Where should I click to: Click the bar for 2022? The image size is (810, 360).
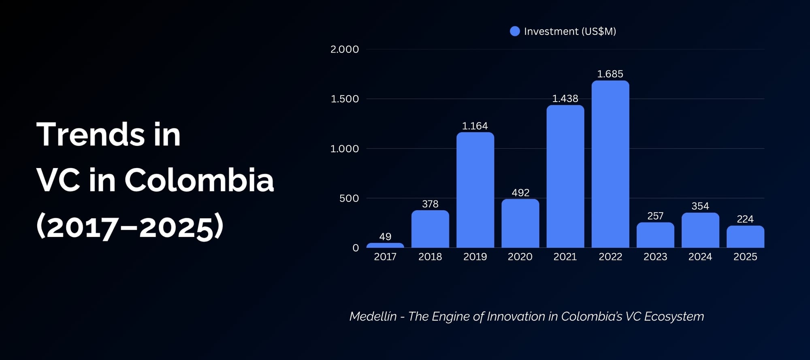tap(610, 164)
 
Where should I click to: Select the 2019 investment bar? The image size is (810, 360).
tap(475, 190)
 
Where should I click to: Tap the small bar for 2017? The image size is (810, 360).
tap(385, 245)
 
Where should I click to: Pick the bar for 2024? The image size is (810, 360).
tap(700, 230)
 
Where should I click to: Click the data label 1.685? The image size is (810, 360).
tap(610, 74)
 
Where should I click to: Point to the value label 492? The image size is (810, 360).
tap(520, 193)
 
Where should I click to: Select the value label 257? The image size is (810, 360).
tap(655, 216)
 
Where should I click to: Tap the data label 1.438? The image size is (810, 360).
tap(565, 98)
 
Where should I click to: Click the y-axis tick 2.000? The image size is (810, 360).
tap(345, 49)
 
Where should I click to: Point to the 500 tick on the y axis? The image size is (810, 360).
tap(349, 198)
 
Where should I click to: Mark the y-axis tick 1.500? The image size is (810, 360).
tap(345, 99)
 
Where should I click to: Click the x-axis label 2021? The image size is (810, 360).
tap(565, 257)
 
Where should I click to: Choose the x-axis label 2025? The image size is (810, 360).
tap(745, 257)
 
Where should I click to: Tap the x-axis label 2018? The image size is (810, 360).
tap(430, 257)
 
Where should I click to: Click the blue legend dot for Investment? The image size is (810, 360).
tap(515, 31)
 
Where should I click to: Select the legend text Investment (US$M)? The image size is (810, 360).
tap(570, 31)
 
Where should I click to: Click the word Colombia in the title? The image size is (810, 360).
tap(199, 180)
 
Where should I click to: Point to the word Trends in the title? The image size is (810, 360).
tap(92, 134)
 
